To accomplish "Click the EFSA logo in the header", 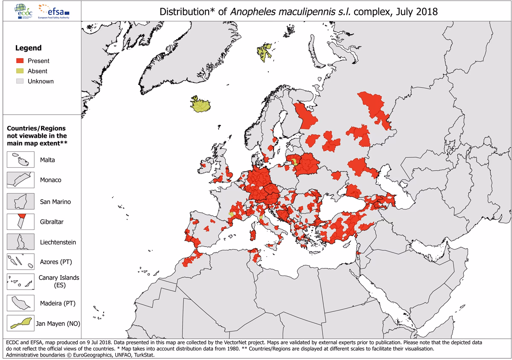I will click(55, 10).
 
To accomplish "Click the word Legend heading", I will click(29, 48).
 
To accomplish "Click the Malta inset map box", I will click(20, 160).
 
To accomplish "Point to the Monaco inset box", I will click(20, 180).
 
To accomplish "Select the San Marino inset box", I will click(20, 201).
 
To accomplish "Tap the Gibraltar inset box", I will click(20, 222).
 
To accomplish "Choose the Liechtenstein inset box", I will click(20, 242).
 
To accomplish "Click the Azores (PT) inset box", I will click(20, 261).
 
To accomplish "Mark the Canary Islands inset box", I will click(20, 281).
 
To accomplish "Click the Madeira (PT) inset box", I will click(20, 303).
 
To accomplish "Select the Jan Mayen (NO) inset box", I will click(20, 323).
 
